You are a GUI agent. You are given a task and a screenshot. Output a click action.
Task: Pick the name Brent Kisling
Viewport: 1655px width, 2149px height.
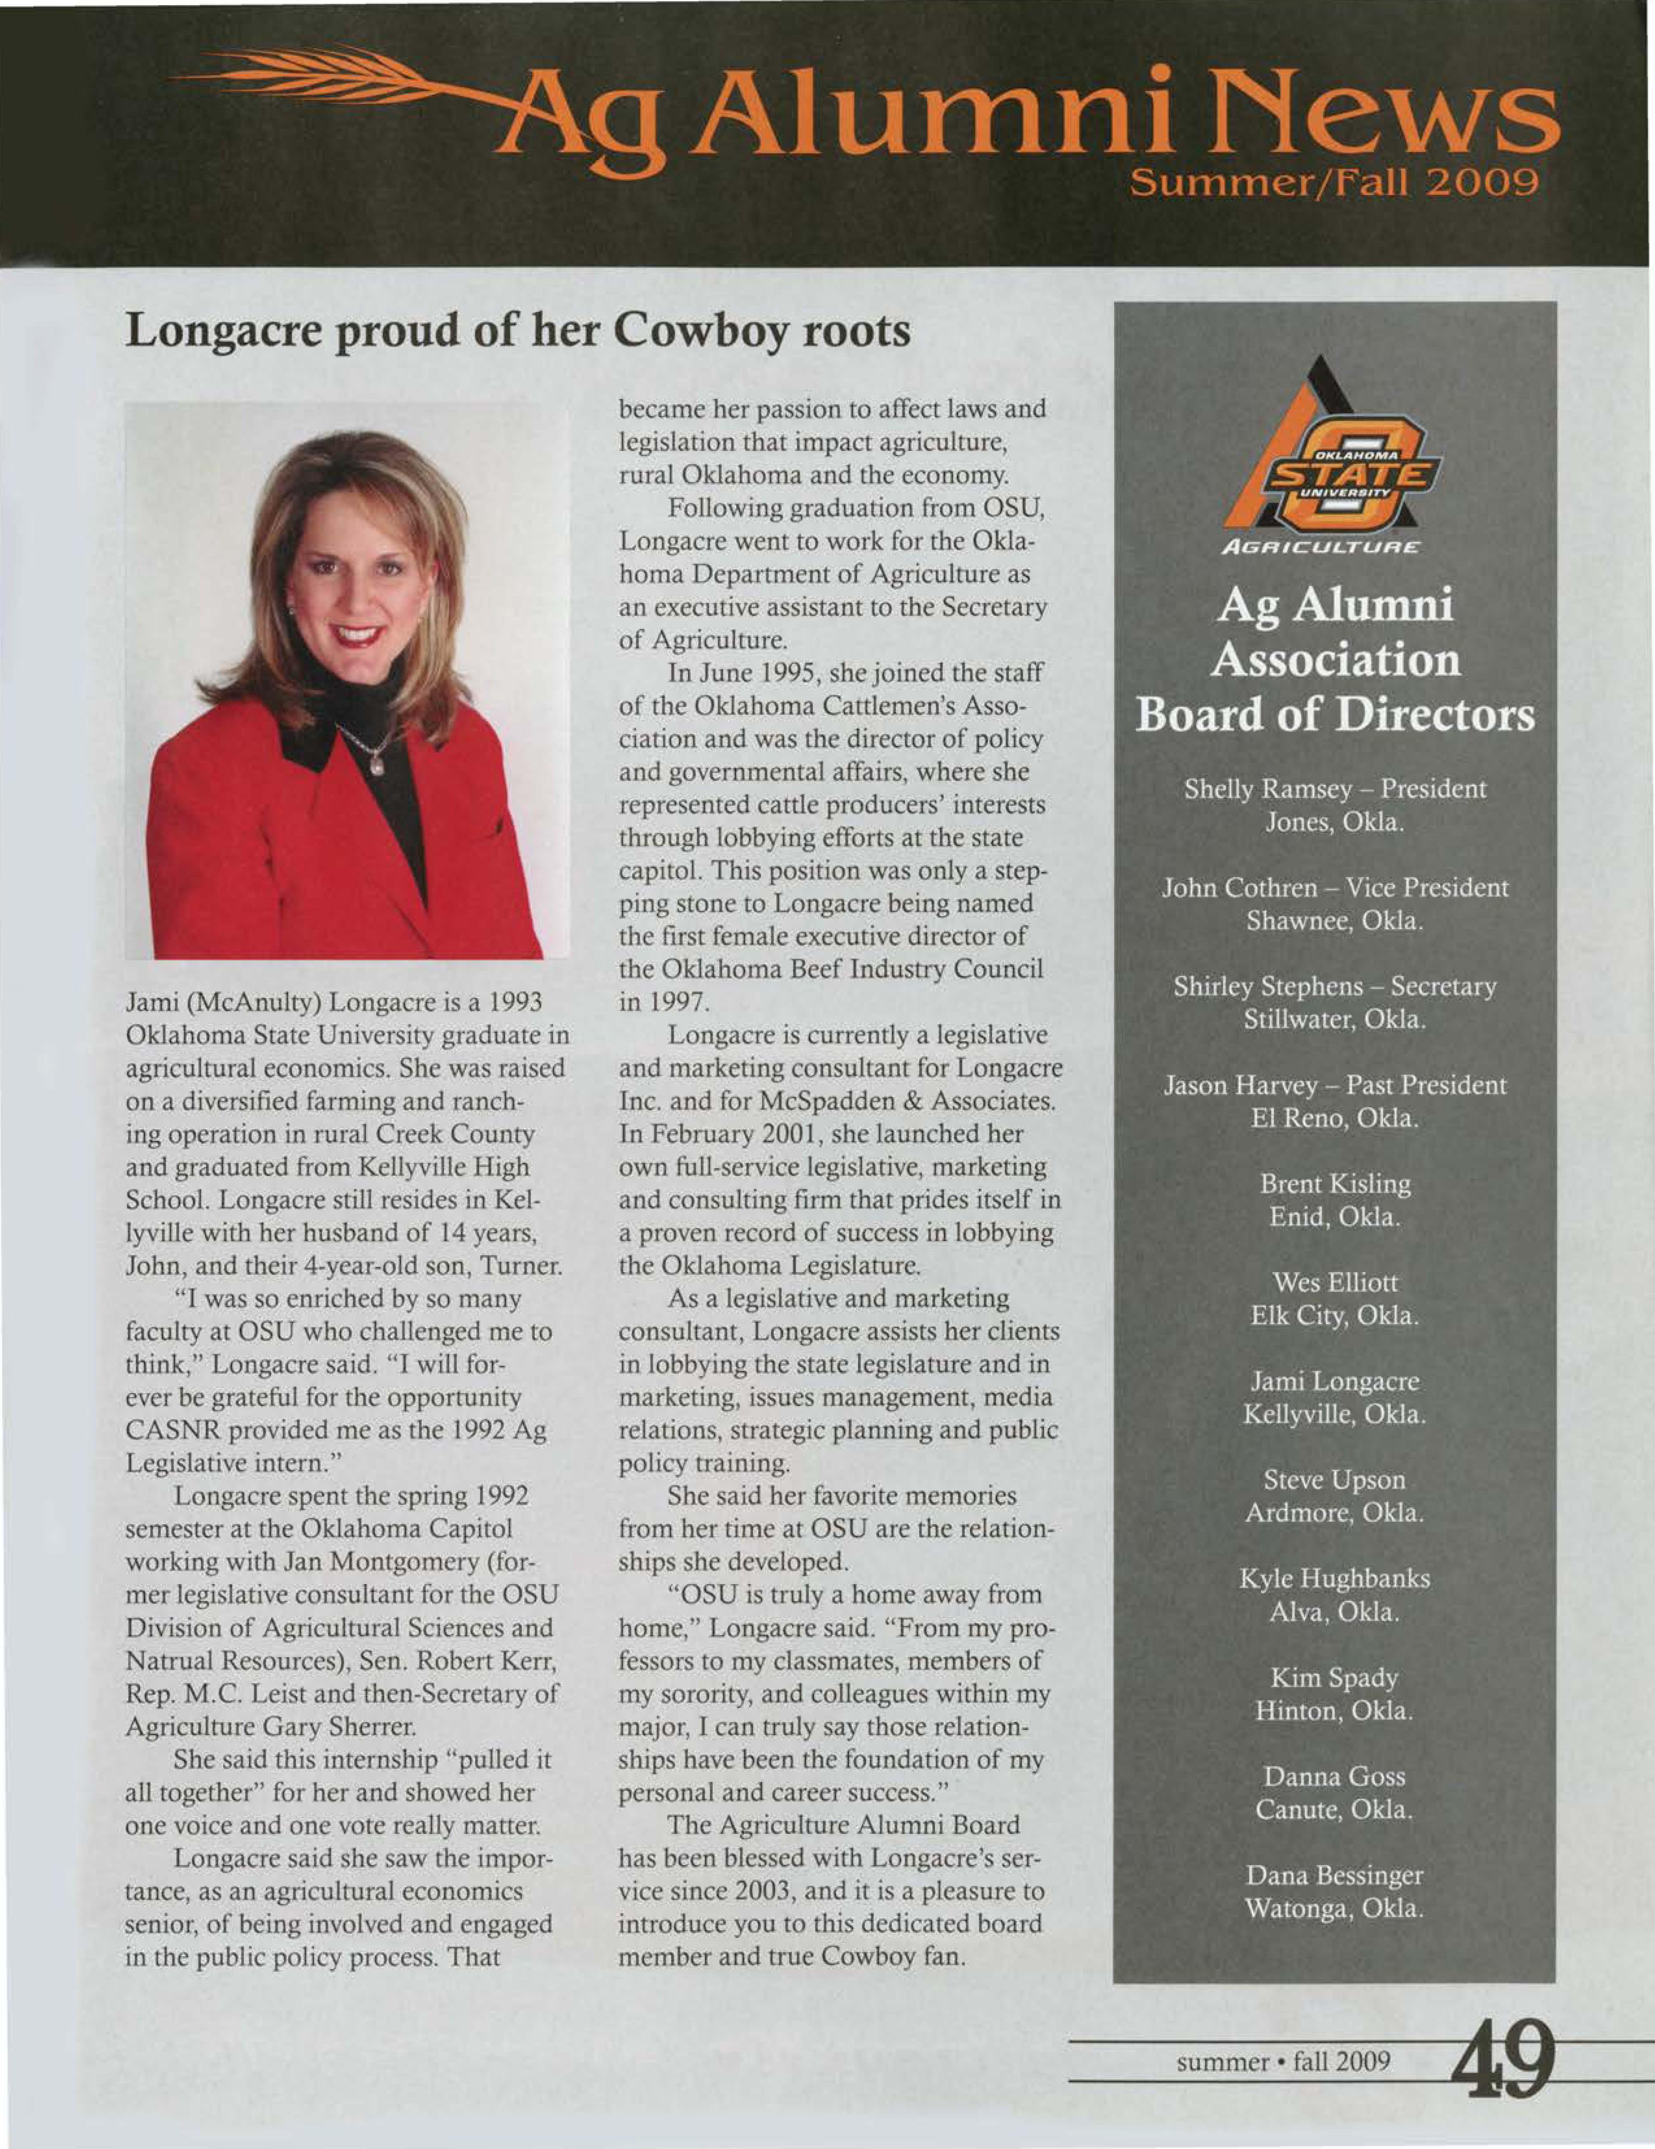[1334, 1184]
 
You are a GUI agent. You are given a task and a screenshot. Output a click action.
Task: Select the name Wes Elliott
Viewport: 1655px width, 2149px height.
[1334, 1282]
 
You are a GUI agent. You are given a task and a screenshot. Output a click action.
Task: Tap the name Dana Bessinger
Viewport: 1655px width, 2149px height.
[1334, 1875]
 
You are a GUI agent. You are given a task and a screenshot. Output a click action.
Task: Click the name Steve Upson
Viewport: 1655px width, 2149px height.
[1334, 1480]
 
